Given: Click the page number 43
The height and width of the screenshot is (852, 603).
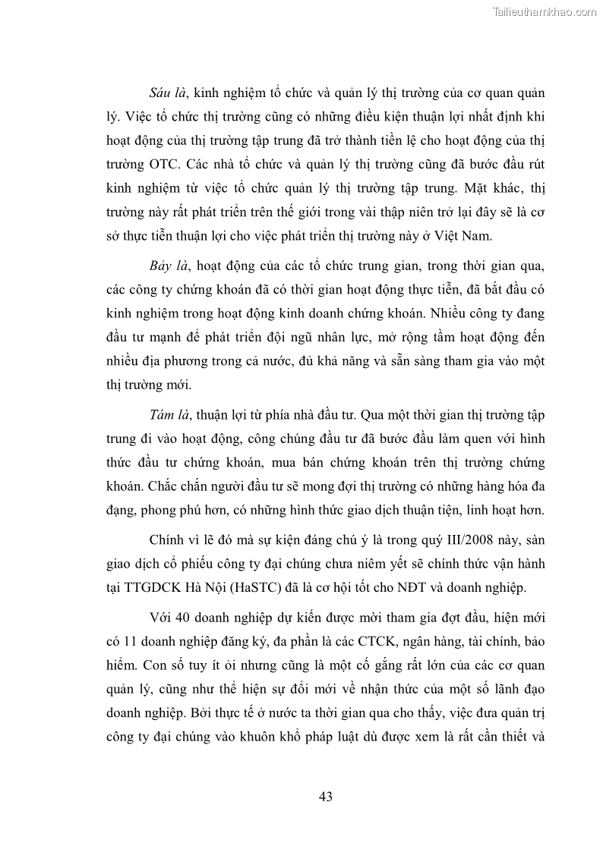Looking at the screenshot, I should point(326,796).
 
